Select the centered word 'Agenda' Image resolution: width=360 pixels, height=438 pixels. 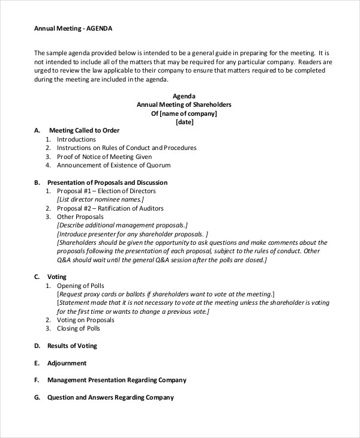(184, 96)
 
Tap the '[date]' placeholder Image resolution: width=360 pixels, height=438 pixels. (184, 122)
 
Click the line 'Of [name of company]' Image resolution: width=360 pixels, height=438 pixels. (184, 113)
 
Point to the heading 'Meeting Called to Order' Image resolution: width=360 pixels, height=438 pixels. (84, 130)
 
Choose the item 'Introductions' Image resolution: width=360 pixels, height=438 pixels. (76, 139)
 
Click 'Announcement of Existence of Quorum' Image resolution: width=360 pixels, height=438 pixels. (113, 165)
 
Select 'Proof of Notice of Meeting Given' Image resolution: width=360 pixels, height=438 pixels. (104, 157)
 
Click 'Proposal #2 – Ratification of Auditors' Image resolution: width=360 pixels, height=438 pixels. (110, 208)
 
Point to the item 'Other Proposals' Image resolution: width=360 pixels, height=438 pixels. (80, 217)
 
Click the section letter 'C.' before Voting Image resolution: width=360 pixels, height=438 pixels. (37, 277)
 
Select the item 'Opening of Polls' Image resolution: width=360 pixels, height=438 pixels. (82, 286)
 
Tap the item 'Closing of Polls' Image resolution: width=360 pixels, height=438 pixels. (79, 328)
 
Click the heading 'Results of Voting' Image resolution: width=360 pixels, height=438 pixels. (72, 346)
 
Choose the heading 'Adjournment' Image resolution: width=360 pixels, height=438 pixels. (67, 363)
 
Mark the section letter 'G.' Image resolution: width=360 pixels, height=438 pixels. (37, 397)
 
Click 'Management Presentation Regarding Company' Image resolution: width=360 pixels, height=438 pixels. (116, 380)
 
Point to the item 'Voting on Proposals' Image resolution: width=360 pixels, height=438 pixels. (85, 320)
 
